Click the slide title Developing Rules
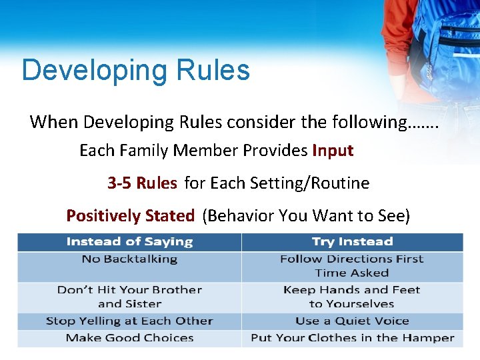click(x=135, y=70)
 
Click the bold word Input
click(x=332, y=151)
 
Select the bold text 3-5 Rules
click(x=142, y=183)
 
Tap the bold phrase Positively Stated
click(x=130, y=215)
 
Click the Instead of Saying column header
click(x=129, y=242)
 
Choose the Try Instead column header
click(x=352, y=242)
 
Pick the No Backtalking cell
click(x=129, y=259)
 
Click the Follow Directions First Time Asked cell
click(x=352, y=266)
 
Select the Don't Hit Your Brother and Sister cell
click(x=129, y=297)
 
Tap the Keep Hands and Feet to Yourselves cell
click(x=352, y=297)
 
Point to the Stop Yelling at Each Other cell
click(x=129, y=321)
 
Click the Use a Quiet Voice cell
click(x=352, y=321)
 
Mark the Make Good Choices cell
click(x=129, y=338)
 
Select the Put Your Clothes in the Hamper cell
click(x=352, y=338)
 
